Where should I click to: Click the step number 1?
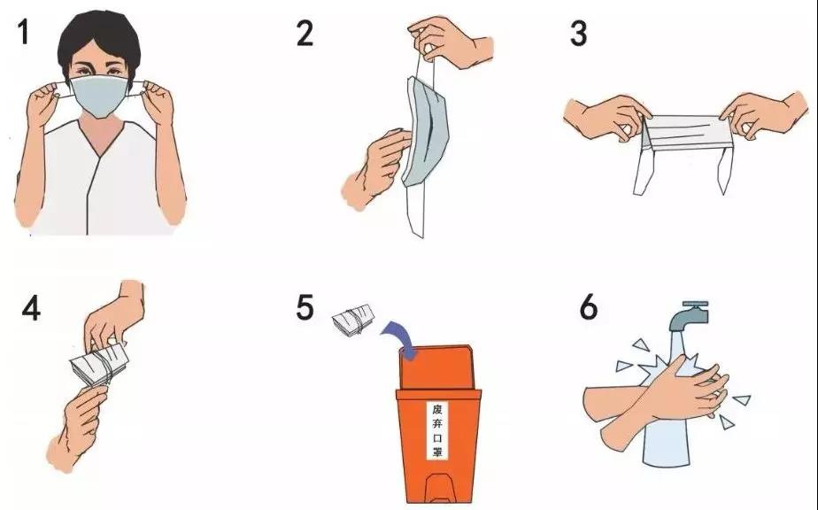click(24, 32)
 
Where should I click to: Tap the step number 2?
click(305, 34)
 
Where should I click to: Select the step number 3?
click(578, 34)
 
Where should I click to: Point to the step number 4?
click(31, 308)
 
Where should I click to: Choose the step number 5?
click(305, 307)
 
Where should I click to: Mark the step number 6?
click(588, 307)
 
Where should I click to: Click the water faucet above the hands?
click(690, 316)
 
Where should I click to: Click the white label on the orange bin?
click(437, 430)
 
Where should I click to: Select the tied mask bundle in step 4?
click(99, 363)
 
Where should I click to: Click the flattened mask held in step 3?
click(684, 134)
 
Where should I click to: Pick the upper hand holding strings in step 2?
click(450, 42)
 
